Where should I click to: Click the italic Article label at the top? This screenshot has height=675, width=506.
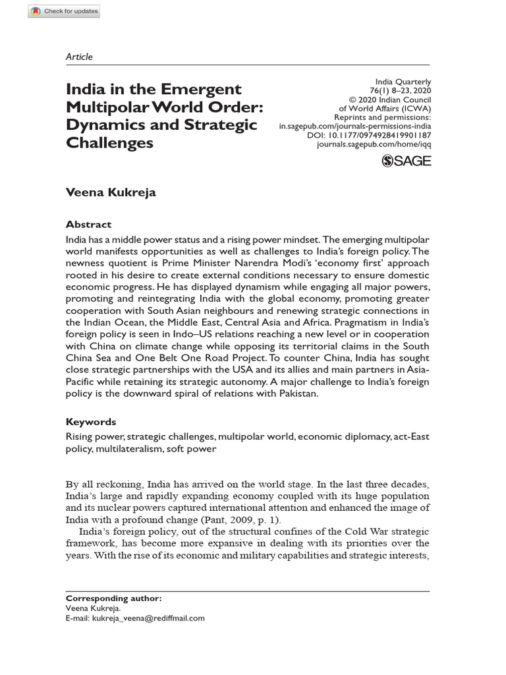click(79, 57)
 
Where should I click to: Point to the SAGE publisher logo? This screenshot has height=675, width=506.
click(407, 160)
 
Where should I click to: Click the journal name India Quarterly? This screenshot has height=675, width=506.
click(403, 82)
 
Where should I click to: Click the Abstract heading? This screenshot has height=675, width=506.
click(89, 224)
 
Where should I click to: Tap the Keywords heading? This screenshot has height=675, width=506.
click(91, 422)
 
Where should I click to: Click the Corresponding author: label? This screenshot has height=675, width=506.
click(113, 599)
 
